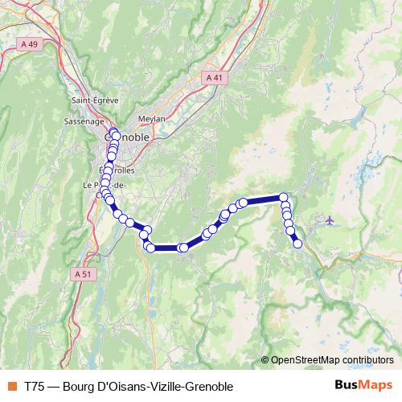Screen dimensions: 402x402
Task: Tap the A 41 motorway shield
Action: coord(213,78)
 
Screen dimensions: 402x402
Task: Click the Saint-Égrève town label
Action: coord(95,100)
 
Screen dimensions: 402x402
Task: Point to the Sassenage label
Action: coord(84,121)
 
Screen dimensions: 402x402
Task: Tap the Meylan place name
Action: coord(151,118)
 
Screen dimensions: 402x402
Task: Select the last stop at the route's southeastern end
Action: coord(297,243)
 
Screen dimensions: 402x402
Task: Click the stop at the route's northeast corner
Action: coord(284,197)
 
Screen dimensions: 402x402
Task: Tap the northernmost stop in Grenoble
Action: coord(112,131)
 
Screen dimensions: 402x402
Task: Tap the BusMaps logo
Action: coord(363,384)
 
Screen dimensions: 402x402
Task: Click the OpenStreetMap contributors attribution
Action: coord(333,360)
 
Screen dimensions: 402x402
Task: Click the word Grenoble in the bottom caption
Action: coord(199,385)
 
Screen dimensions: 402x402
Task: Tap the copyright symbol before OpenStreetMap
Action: coord(265,360)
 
